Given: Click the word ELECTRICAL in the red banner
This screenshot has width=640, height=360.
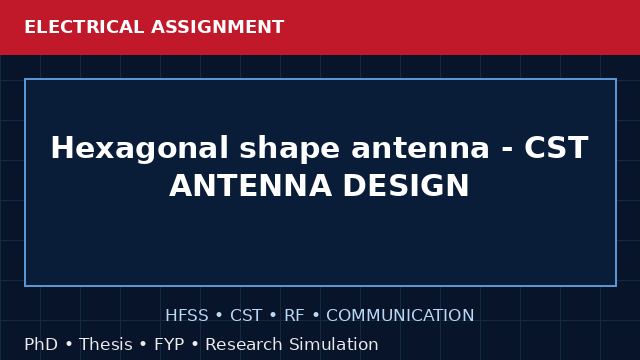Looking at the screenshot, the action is (x=84, y=27).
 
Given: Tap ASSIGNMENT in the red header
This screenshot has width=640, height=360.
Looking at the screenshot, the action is (x=218, y=27).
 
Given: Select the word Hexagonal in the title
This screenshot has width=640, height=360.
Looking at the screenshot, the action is (x=140, y=149).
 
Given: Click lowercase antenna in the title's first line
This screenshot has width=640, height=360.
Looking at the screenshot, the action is (x=420, y=149).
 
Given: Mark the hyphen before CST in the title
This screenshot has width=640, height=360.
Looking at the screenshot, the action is (x=507, y=150).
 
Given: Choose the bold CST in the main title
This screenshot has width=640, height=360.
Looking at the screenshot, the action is (x=556, y=148).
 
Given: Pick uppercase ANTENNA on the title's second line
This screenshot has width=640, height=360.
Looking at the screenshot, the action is (x=250, y=186).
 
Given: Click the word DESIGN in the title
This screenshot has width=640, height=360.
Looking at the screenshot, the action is (x=406, y=186).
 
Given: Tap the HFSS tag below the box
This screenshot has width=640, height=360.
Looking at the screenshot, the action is (x=187, y=316).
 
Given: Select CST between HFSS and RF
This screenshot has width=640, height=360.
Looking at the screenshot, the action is (x=246, y=316).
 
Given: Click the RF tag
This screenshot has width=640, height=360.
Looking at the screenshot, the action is (x=294, y=316).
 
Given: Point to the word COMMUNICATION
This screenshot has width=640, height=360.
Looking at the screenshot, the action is (x=400, y=316).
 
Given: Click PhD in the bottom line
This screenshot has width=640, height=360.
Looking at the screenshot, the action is (x=41, y=344).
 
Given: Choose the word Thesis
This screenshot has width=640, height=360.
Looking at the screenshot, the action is (x=106, y=344).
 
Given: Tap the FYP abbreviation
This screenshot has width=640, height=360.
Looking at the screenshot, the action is (x=169, y=344).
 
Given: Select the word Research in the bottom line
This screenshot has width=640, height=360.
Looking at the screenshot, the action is (x=244, y=344).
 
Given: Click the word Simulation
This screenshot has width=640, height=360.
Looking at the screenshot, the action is (x=334, y=344).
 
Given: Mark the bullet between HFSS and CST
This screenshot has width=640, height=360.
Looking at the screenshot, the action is (x=219, y=316).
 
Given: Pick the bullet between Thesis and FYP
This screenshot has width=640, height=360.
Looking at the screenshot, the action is (x=143, y=344).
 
